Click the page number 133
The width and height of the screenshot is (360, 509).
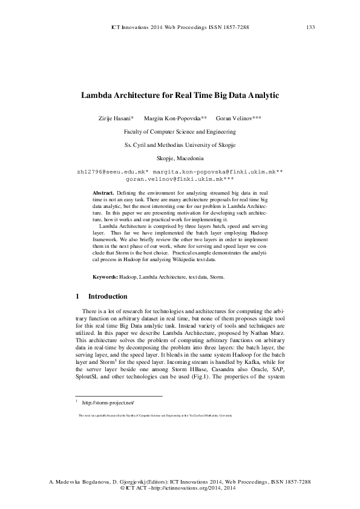click(310, 27)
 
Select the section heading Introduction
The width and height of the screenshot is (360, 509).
click(108, 297)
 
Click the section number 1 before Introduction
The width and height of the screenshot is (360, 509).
click(77, 297)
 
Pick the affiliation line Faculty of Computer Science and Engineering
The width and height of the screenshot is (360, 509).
click(179, 131)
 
